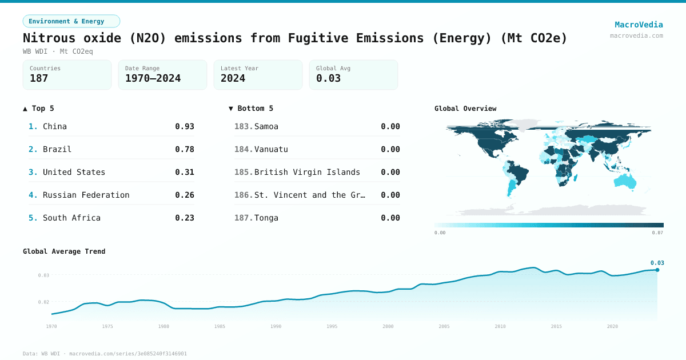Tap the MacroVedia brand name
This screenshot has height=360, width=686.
(639, 25)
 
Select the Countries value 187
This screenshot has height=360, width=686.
(39, 78)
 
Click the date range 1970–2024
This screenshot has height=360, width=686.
(153, 78)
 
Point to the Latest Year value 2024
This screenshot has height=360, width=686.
(233, 78)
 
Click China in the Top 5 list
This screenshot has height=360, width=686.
(55, 126)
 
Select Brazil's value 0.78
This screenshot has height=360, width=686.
(185, 149)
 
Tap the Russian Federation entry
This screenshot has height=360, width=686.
(86, 195)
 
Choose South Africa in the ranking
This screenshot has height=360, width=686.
(71, 218)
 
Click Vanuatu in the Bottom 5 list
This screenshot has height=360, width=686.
(271, 149)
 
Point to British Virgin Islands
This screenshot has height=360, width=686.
(307, 172)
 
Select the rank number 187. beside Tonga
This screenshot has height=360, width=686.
(244, 218)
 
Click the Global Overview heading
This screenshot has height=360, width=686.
(465, 109)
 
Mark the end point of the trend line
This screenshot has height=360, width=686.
(657, 270)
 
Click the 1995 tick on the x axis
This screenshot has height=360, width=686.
(332, 326)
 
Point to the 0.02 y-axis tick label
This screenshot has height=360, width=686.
(43, 302)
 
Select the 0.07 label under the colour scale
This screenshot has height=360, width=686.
(657, 233)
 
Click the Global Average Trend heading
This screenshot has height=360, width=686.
(64, 251)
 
